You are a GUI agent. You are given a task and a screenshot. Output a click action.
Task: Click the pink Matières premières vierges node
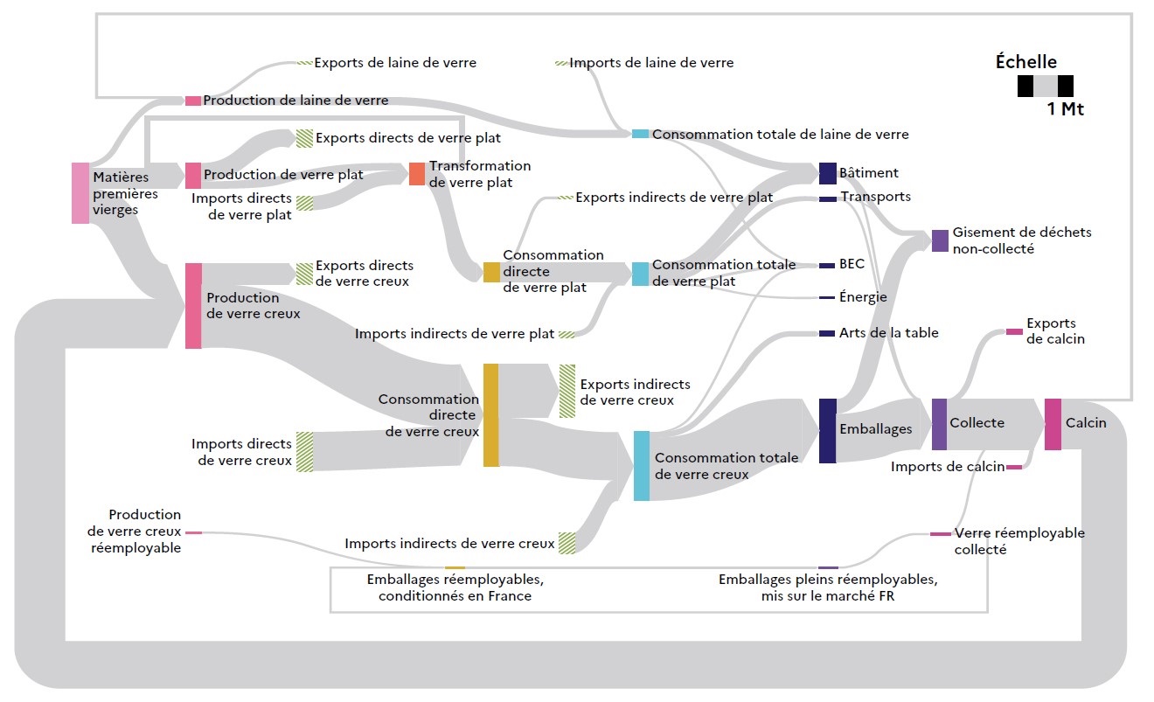[x=80, y=192]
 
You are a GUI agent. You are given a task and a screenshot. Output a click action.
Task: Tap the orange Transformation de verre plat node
[x=417, y=173]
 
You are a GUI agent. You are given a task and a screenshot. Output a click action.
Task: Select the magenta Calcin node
[x=1053, y=424]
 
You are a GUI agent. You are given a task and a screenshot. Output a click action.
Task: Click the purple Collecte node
[x=939, y=424]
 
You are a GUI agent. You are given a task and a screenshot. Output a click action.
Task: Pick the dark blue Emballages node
[x=827, y=430]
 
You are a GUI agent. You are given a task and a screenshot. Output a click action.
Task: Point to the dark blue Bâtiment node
[x=827, y=173]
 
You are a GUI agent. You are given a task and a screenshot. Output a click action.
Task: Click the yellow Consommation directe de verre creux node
[x=490, y=415]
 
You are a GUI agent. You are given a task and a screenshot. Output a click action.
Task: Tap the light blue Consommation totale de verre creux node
[x=641, y=465]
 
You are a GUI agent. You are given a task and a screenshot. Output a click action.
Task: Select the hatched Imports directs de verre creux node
[x=304, y=451]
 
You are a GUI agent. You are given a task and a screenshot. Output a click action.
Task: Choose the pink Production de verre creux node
[x=193, y=305]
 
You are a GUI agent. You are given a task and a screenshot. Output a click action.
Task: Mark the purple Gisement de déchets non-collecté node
[x=940, y=240]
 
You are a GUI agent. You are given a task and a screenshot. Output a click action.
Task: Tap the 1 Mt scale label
[x=1065, y=110]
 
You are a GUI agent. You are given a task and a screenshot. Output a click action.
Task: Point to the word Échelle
[x=1026, y=62]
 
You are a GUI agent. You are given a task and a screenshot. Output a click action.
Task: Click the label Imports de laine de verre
[x=651, y=63]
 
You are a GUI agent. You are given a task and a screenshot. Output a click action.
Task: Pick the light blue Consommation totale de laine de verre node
[x=640, y=134]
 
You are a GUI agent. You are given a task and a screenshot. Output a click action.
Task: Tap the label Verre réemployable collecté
[x=1018, y=541]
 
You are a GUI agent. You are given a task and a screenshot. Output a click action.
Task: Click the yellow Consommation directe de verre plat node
[x=491, y=272]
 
